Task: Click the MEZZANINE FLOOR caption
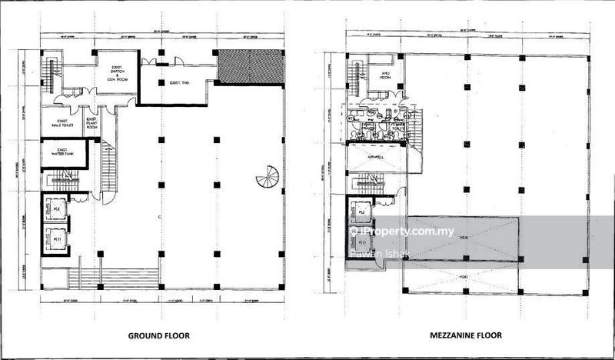(x=465, y=335)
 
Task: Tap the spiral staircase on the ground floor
(x=268, y=179)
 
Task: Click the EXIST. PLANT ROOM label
(x=91, y=123)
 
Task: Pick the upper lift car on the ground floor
(x=55, y=208)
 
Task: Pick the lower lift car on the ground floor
(x=55, y=238)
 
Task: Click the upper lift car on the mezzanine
(x=360, y=208)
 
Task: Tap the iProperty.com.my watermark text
(x=406, y=232)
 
